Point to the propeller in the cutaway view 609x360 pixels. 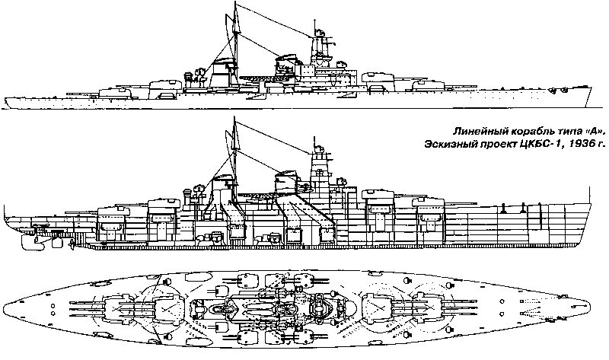(72, 244)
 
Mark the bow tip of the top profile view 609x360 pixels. (591, 88)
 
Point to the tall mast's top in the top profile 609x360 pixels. (235, 3)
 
